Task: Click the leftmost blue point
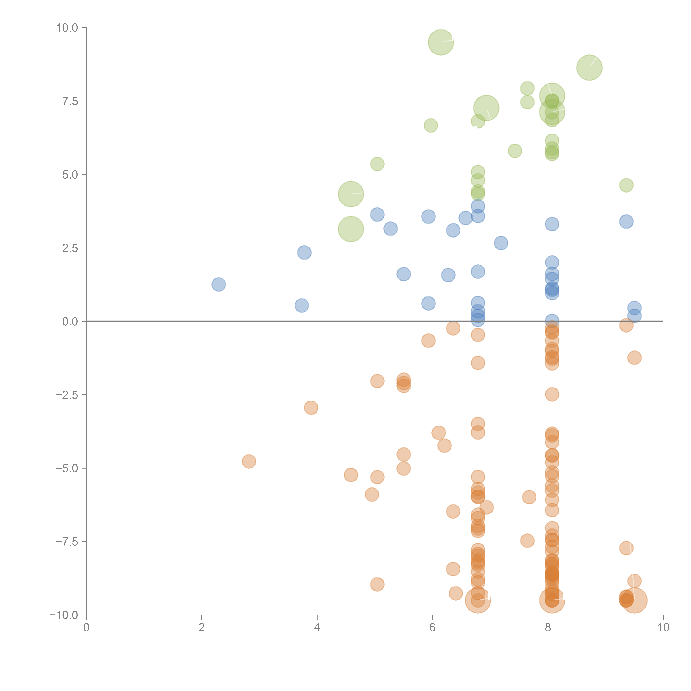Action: point(218,284)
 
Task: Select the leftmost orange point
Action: point(249,461)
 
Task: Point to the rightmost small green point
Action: point(626,185)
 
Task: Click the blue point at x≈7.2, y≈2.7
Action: point(501,243)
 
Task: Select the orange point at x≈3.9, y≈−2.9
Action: point(311,408)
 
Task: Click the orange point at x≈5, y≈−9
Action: point(377,584)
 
